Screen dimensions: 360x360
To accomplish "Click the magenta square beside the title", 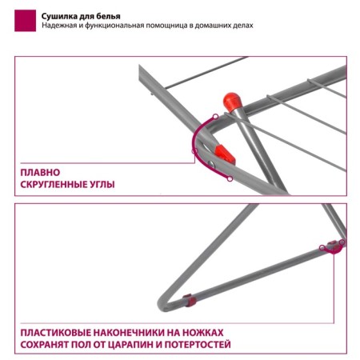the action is (x=25, y=21).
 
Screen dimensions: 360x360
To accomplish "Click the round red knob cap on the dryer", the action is (x=232, y=102).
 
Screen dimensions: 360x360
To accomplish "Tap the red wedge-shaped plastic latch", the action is (x=225, y=155).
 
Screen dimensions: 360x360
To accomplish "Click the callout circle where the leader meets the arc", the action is (x=194, y=151).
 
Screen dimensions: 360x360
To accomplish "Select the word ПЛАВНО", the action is (x=40, y=173).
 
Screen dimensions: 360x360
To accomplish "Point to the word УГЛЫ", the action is (x=103, y=185).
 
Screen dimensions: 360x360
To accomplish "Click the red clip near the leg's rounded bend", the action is (x=190, y=300).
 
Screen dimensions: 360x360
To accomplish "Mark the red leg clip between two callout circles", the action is (x=333, y=246).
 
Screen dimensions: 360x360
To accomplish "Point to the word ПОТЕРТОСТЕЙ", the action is (x=198, y=345).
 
